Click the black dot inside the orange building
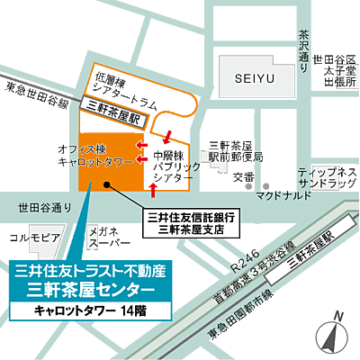(x=107, y=187)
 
